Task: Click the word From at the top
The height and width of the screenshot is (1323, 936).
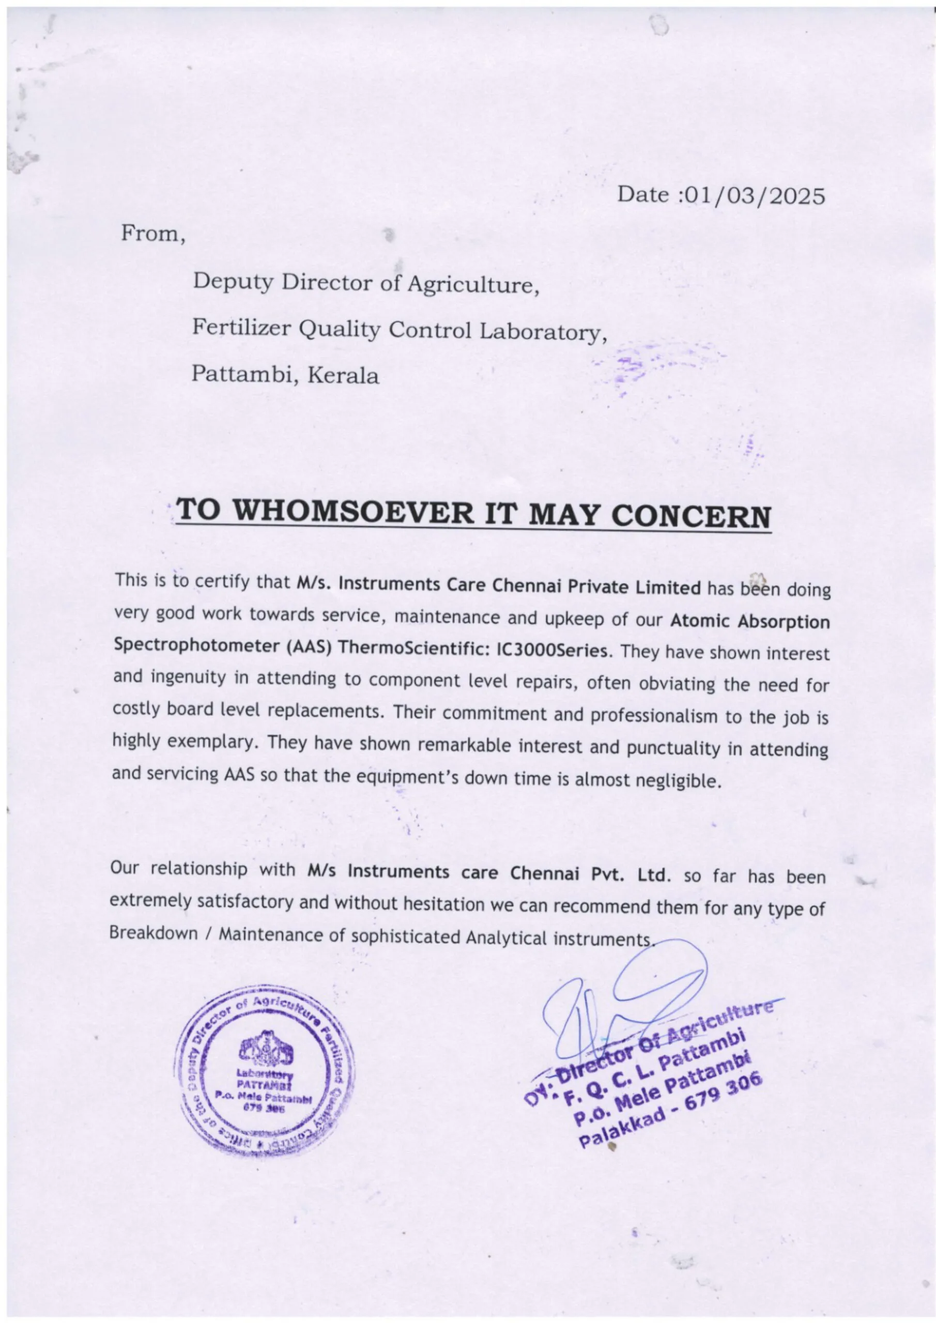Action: pyautogui.click(x=151, y=234)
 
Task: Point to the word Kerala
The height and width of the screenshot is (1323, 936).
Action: pyautogui.click(x=344, y=376)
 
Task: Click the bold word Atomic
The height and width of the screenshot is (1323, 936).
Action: pyautogui.click(x=704, y=621)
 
